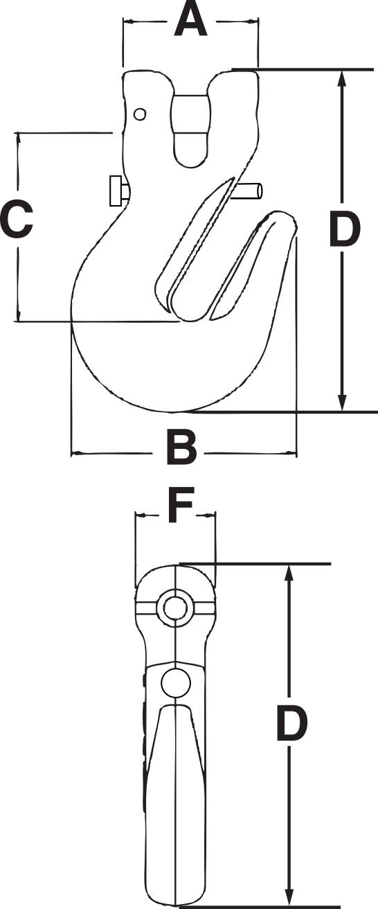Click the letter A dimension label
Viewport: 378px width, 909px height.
click(x=190, y=20)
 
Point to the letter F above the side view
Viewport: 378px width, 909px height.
click(x=180, y=508)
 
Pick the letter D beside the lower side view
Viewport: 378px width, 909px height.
click(x=291, y=724)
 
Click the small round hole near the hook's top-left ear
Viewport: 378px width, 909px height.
click(x=140, y=114)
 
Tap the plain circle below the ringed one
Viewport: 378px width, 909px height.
click(x=174, y=682)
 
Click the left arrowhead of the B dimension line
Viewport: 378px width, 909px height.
click(x=76, y=454)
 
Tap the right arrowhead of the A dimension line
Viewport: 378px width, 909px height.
click(x=253, y=21)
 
